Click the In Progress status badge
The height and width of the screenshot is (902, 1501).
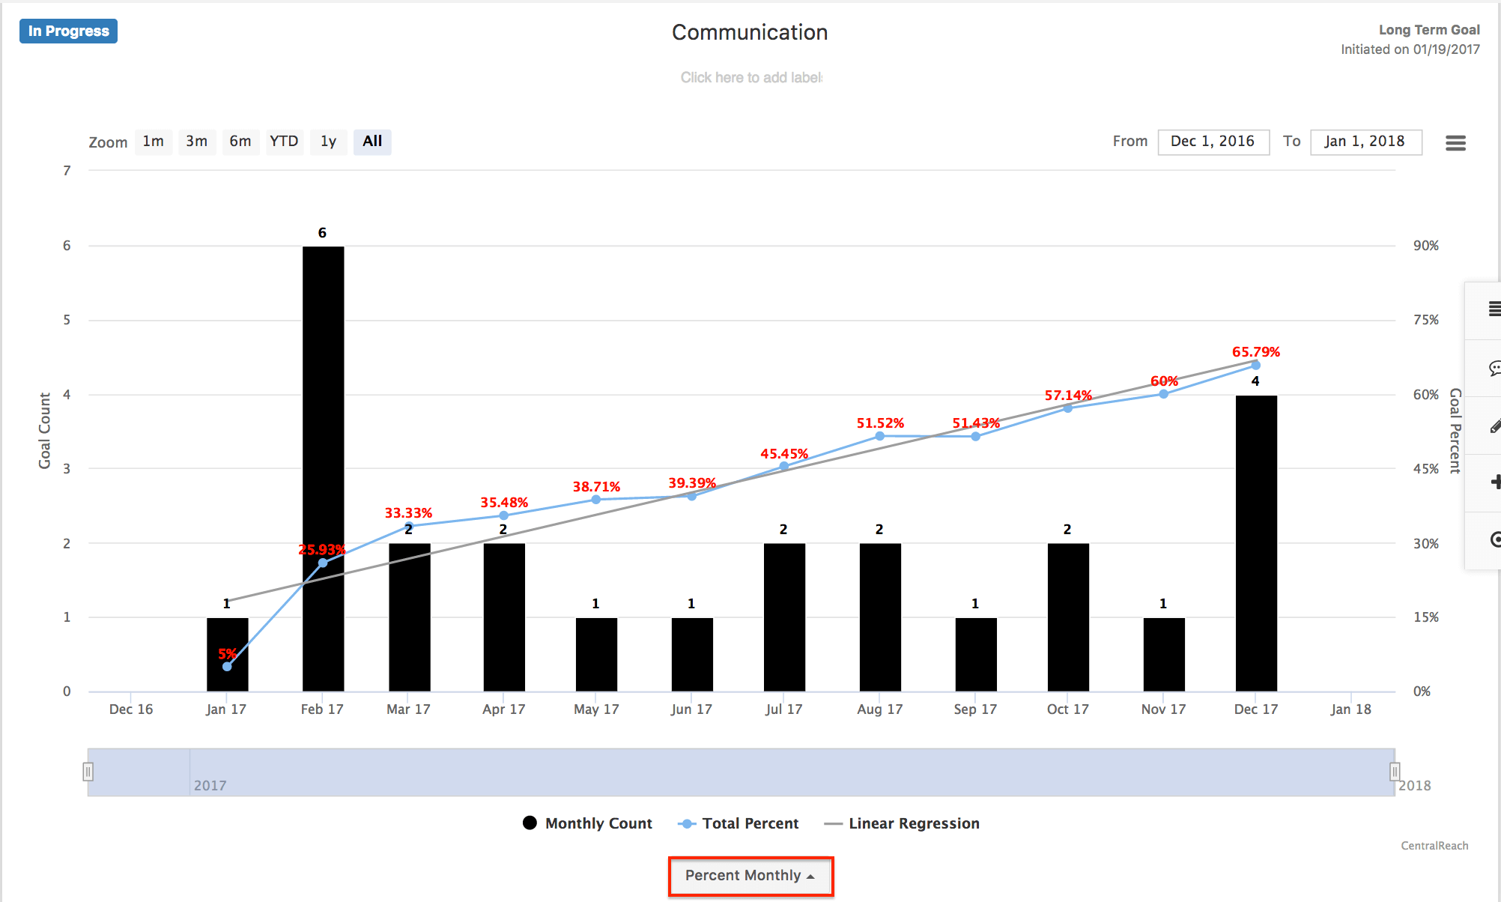pyautogui.click(x=68, y=31)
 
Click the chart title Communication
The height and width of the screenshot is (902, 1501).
pyautogui.click(x=749, y=33)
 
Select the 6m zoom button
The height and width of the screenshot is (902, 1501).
pyautogui.click(x=240, y=142)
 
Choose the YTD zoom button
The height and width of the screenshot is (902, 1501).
pyautogui.click(x=284, y=142)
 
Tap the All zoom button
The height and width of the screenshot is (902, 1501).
pyautogui.click(x=372, y=142)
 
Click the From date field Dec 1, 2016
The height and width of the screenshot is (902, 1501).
pyautogui.click(x=1213, y=142)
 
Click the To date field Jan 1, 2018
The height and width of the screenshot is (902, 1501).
pyautogui.click(x=1365, y=142)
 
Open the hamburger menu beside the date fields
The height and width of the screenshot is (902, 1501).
pyautogui.click(x=1455, y=142)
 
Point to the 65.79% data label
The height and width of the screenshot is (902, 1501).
pyautogui.click(x=1256, y=352)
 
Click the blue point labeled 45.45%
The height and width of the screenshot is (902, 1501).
pyautogui.click(x=784, y=466)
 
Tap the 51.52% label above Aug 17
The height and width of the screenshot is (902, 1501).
pyautogui.click(x=880, y=423)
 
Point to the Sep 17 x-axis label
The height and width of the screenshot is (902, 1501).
pyautogui.click(x=975, y=709)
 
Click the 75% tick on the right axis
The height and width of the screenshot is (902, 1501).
pyautogui.click(x=1425, y=320)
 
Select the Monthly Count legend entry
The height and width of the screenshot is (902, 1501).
pyautogui.click(x=587, y=823)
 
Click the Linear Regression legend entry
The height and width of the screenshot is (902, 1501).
pyautogui.click(x=902, y=823)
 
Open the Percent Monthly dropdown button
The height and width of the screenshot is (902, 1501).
pyautogui.click(x=750, y=876)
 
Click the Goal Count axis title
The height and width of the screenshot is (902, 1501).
pyautogui.click(x=45, y=431)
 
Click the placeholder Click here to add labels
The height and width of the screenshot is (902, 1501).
pyautogui.click(x=750, y=78)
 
